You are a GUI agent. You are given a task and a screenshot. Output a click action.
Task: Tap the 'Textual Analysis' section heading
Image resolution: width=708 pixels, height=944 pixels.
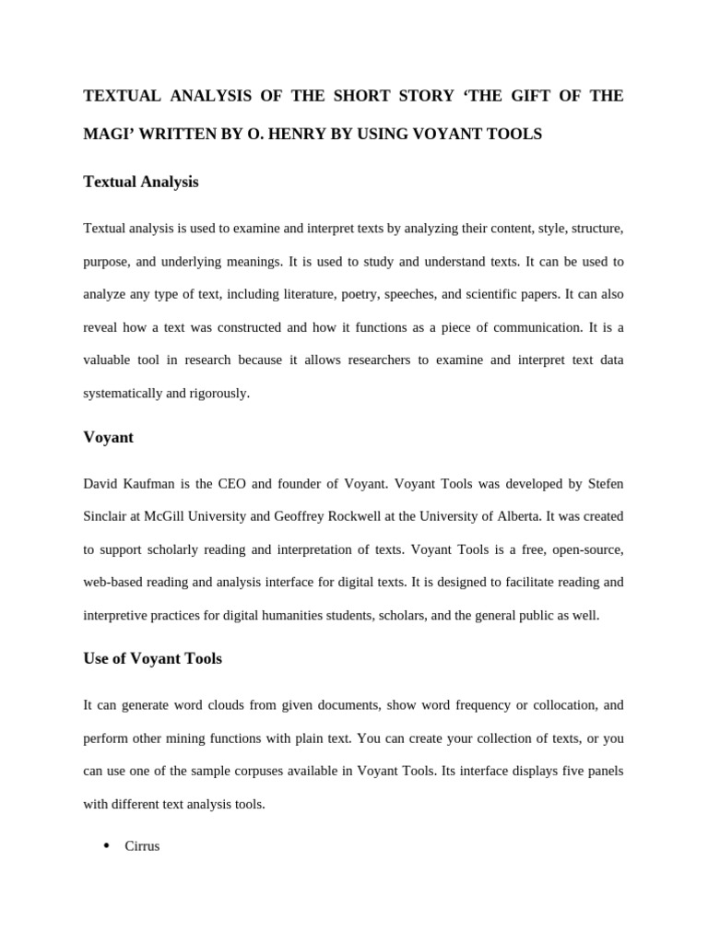[141, 183]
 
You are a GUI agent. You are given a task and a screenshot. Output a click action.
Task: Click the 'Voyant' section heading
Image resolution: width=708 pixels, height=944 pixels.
[109, 437]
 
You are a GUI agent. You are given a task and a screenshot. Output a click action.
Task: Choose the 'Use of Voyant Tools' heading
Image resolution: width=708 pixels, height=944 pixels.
[153, 659]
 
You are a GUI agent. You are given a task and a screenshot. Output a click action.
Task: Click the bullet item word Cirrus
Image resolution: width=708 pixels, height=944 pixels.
[142, 845]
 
